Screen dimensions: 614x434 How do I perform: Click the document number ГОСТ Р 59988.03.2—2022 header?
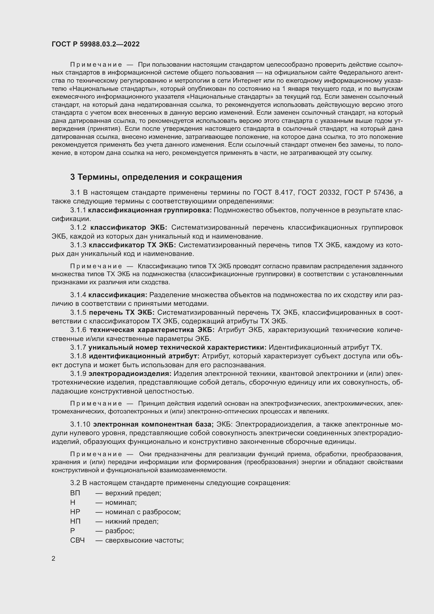coord(96,44)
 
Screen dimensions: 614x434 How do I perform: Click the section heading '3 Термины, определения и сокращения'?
coord(156,177)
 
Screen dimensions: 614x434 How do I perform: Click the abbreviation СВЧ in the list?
coord(77,540)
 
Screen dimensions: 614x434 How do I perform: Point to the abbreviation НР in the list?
coord(75,512)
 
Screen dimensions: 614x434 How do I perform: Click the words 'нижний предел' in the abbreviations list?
coord(131,521)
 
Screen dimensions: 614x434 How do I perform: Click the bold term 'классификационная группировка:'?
coord(150,210)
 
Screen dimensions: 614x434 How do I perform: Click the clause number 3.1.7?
coord(78,347)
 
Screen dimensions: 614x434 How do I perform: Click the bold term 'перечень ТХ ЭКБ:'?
coord(122,312)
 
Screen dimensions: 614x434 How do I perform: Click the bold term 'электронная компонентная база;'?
coord(153,424)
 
